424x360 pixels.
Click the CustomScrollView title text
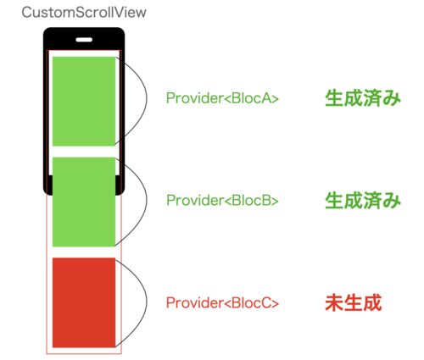(x=84, y=13)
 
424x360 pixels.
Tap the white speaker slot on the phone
(x=84, y=40)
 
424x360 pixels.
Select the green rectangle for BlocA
(x=84, y=102)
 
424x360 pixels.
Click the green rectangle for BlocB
(x=84, y=202)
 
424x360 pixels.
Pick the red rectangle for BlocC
(x=84, y=302)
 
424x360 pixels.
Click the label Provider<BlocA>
(x=222, y=98)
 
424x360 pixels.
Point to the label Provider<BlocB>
(x=222, y=200)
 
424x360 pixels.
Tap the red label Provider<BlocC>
(x=222, y=302)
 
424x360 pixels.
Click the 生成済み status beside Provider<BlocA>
(x=363, y=98)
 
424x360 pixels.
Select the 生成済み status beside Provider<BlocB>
(x=363, y=201)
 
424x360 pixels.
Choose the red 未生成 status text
(x=354, y=302)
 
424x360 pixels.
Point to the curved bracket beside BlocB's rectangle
(x=147, y=201)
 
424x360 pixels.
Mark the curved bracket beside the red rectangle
(x=147, y=302)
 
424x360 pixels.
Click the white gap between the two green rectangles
(x=84, y=152)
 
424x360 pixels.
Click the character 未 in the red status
(x=334, y=302)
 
